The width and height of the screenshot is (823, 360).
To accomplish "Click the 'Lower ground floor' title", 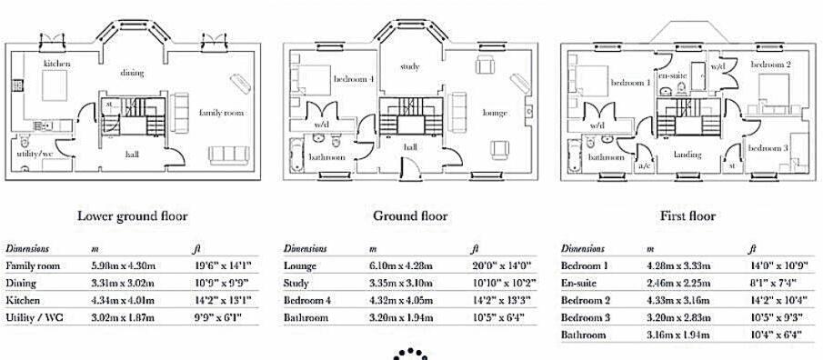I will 132,216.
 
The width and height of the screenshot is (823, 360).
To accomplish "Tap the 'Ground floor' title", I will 410,216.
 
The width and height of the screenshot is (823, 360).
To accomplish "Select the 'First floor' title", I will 688,216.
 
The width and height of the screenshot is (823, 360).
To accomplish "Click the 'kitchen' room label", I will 56,65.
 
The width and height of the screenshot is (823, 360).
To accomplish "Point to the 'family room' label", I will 221,113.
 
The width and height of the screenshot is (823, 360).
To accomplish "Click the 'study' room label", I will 409,67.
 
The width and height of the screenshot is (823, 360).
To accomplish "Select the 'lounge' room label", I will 495,113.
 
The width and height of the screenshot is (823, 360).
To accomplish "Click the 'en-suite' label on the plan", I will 671,75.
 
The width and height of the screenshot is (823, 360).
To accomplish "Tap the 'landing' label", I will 687,155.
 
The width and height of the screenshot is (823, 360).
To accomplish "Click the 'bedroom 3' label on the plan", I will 768,148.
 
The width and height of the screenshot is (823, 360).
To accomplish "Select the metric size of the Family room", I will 123,265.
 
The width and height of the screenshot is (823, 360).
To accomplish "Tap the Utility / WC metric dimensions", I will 123,317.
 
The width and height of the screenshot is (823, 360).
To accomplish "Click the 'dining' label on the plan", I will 132,71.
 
